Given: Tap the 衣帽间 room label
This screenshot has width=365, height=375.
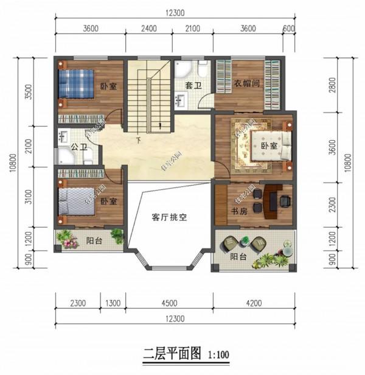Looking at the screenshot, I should (x=248, y=84).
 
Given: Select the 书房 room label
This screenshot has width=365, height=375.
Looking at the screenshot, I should (x=240, y=211).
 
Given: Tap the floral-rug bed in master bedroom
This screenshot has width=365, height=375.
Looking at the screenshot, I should (x=268, y=145).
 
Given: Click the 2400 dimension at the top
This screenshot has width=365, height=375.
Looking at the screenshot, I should (x=148, y=28).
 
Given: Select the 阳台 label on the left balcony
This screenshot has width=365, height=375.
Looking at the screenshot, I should (x=94, y=239).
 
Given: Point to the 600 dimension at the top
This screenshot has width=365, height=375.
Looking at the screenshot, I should (x=289, y=28).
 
